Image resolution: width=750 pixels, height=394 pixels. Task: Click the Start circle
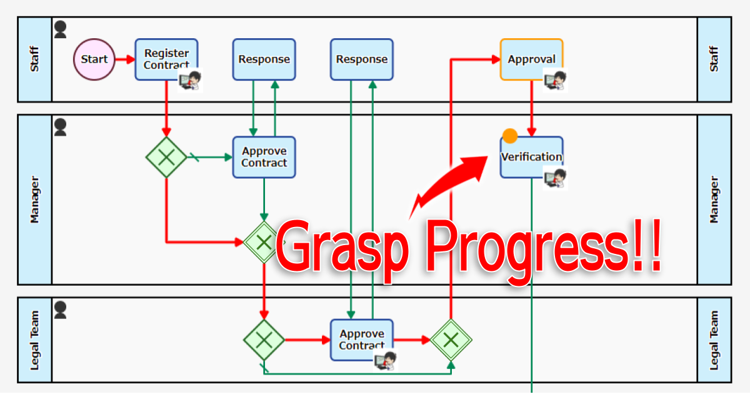point(94,59)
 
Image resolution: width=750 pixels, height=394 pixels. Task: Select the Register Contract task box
point(166,59)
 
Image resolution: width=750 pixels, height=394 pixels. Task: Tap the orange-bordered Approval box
point(531,59)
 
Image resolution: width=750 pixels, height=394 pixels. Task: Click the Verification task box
point(531,157)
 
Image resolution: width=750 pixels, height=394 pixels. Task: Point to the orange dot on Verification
point(510,136)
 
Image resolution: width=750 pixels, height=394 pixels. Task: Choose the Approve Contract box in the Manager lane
point(264,157)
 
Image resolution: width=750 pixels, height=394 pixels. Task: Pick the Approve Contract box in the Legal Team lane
point(361,340)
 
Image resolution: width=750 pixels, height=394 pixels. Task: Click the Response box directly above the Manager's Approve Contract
point(264,59)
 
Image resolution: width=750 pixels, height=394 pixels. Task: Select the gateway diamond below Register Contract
point(166,157)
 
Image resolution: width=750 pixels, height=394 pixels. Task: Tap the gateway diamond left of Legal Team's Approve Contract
point(264,340)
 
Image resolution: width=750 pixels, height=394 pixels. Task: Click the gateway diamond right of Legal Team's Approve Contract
point(451,340)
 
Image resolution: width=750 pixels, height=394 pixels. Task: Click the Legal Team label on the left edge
point(34,340)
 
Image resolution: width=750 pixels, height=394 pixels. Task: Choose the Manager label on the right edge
point(714,200)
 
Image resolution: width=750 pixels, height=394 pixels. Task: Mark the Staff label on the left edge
point(34,59)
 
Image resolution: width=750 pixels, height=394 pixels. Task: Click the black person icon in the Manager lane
point(60,128)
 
